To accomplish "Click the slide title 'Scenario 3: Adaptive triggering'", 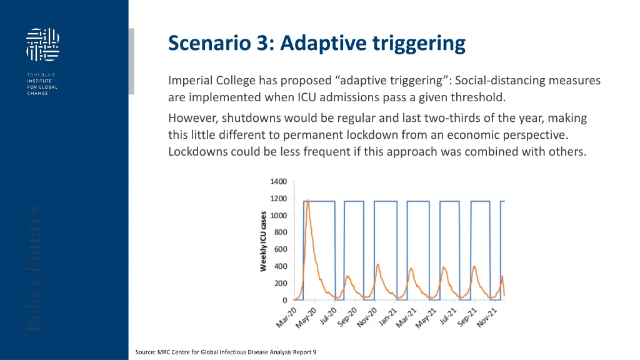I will (x=317, y=44).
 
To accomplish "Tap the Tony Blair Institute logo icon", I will (x=43, y=44).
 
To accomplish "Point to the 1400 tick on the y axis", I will (x=278, y=182).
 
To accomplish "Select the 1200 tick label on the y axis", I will (x=278, y=199).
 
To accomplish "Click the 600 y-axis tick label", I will (x=280, y=249).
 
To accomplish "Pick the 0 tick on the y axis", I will (x=284, y=300).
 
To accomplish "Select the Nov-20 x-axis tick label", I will (x=371, y=317).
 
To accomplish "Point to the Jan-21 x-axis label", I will (x=393, y=317).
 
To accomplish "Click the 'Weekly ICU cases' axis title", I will (x=264, y=241).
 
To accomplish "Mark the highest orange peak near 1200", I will (x=307, y=201).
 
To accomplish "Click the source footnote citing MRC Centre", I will (x=226, y=352).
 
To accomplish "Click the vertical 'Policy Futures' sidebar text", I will (x=35, y=268).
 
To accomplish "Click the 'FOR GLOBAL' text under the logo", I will (x=42, y=87).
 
